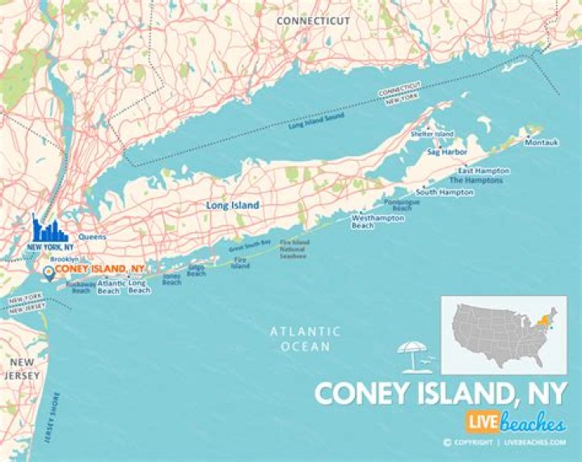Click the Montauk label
[541, 142]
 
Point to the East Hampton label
[483, 171]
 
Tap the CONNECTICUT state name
[314, 19]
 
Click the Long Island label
[233, 206]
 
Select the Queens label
[92, 236]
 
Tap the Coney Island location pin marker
[48, 273]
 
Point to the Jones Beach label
[171, 279]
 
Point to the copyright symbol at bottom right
[447, 442]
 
